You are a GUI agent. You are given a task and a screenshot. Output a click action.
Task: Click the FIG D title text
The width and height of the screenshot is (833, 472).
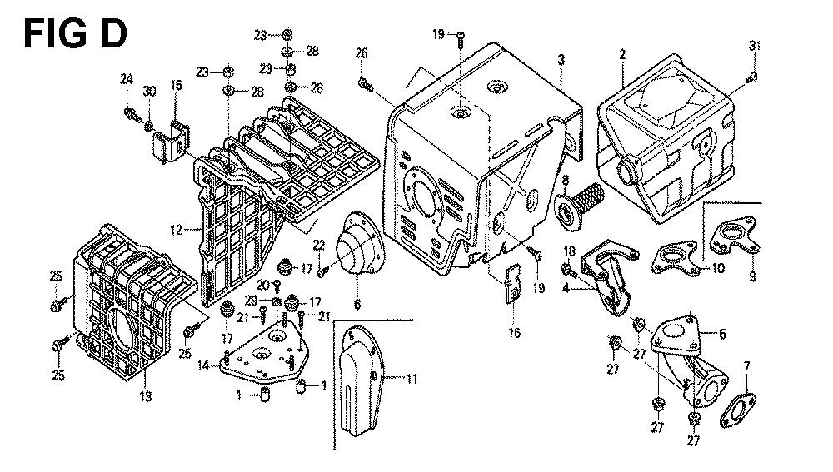(74, 34)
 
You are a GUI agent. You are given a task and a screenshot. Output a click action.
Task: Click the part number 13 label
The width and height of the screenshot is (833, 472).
(146, 398)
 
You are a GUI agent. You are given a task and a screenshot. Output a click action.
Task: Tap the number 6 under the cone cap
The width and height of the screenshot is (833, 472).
(357, 305)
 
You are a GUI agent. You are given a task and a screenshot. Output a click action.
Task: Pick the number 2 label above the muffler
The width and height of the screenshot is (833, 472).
(621, 54)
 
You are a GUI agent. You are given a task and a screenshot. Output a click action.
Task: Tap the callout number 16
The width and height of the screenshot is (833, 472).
(514, 333)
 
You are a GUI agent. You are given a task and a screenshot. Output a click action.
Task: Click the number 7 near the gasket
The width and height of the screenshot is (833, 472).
(746, 366)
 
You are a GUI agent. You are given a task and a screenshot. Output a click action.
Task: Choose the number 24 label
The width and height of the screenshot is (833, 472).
(127, 79)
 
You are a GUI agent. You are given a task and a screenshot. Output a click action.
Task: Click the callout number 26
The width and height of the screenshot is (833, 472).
(361, 54)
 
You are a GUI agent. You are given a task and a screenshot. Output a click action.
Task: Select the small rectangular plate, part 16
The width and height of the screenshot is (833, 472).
(510, 281)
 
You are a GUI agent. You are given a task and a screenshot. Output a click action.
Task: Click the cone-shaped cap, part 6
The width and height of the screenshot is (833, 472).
(356, 251)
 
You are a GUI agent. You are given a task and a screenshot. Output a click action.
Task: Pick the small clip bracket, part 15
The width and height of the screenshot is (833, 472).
(172, 138)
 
